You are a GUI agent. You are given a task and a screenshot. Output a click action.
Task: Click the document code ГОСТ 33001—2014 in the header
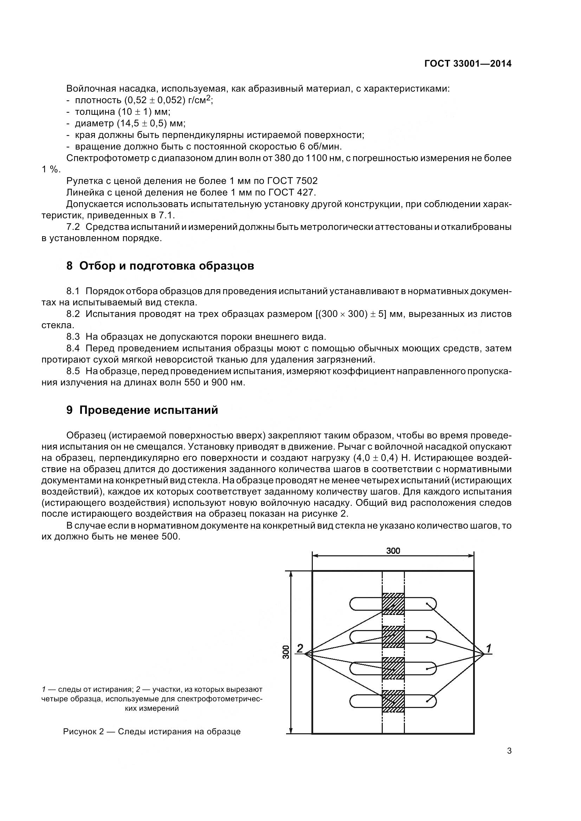click(x=467, y=64)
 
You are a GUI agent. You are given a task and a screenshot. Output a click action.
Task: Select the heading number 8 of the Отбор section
click(x=70, y=266)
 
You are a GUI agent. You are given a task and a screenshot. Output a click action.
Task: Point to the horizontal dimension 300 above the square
click(x=393, y=551)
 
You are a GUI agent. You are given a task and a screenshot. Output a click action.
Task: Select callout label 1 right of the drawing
click(x=489, y=648)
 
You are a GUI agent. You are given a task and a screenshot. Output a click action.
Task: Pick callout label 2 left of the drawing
click(x=300, y=648)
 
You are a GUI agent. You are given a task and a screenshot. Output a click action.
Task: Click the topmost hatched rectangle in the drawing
click(x=393, y=604)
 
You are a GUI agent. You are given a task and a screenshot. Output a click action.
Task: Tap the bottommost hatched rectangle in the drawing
click(x=393, y=701)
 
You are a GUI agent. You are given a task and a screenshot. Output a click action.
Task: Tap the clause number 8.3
click(x=73, y=337)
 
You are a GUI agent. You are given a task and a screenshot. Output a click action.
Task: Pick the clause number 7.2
click(x=73, y=227)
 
